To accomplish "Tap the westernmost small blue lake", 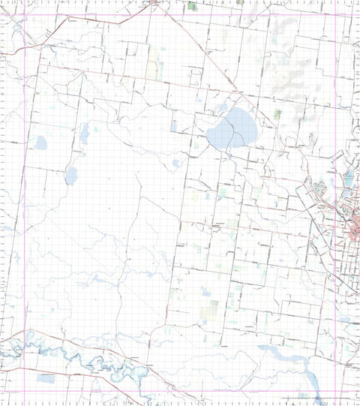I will point(40,143).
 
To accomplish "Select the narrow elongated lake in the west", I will point(84,134).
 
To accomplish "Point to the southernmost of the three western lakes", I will point(71,176).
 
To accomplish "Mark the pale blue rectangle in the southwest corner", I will point(46,379).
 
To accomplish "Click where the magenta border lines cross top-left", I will point(25,17).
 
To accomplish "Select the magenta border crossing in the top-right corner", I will point(349,17).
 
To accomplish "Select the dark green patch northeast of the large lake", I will point(278,114).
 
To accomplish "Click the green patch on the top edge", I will point(192,5).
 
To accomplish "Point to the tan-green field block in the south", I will point(213,308).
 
